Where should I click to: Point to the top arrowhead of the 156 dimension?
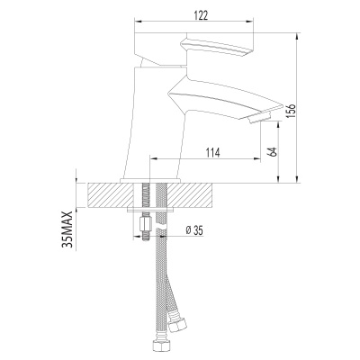pyautogui.click(x=297, y=32)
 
